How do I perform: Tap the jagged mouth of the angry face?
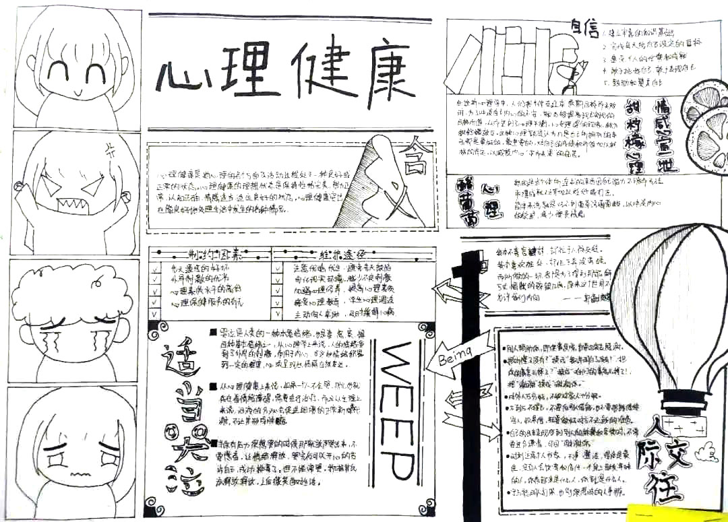coord(69,202)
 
